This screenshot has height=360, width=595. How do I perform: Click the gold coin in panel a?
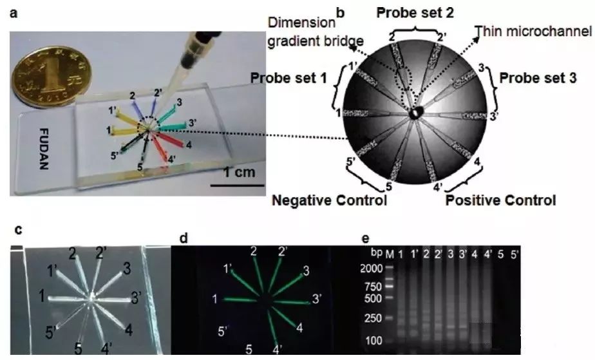point(50,77)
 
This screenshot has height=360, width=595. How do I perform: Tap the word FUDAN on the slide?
point(44,149)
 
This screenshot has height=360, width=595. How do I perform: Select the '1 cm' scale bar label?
point(239,172)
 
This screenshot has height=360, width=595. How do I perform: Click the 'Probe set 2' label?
point(415,13)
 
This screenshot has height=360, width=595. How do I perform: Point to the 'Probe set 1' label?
point(288,78)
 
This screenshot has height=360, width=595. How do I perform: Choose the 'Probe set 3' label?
point(538,78)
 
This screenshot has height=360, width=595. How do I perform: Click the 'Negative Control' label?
point(330,200)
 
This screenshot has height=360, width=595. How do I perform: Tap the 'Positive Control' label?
point(500,200)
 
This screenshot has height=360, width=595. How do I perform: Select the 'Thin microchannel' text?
point(533,31)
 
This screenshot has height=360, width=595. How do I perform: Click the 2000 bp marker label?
point(371,269)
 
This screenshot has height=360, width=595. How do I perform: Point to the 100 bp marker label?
point(373,340)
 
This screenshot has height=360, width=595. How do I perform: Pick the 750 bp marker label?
point(373,287)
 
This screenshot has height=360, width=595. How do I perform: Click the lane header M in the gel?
point(390,254)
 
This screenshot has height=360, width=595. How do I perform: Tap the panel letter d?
point(184,238)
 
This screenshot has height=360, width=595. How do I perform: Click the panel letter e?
point(365,239)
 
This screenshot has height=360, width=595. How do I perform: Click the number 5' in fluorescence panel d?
point(223,331)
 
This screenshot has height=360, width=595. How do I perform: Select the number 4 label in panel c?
point(129,330)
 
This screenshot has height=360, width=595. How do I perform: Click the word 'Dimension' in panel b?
point(301,23)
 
